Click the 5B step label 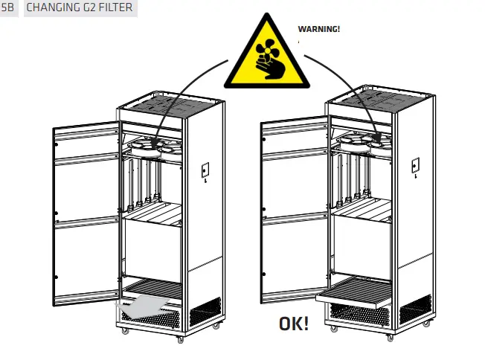8,8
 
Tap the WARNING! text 318,29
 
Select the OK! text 295,324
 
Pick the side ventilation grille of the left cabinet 205,312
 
